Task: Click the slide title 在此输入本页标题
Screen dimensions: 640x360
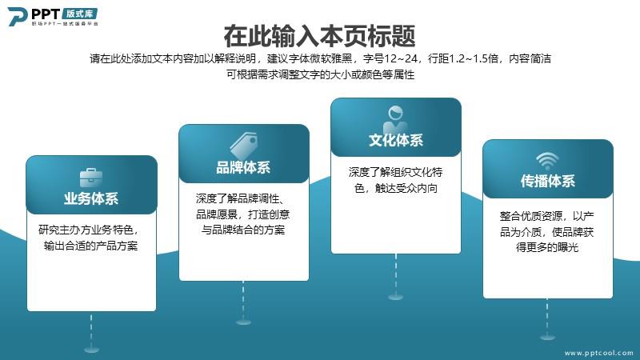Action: (x=319, y=36)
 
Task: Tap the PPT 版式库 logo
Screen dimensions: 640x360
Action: (x=53, y=17)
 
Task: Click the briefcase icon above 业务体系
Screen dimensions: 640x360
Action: (x=91, y=178)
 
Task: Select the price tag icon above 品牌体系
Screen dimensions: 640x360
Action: (x=243, y=146)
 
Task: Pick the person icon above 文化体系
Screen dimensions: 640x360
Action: (x=395, y=118)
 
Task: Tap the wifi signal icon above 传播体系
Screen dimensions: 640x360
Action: (x=547, y=161)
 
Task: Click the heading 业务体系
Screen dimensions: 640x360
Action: (x=91, y=198)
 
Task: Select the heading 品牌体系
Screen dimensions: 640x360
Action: (x=243, y=167)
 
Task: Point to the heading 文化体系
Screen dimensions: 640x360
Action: (x=395, y=140)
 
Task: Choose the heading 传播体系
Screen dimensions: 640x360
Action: (x=547, y=181)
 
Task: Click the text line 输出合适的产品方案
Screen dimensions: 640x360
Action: (x=90, y=246)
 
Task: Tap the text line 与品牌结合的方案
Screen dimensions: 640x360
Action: (x=243, y=230)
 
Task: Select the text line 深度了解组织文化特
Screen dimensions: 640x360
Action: (x=395, y=172)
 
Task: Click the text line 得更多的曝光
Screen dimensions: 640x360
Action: (x=547, y=247)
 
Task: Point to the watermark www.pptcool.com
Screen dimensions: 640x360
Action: (x=598, y=353)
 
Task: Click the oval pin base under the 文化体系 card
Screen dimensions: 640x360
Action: (x=395, y=297)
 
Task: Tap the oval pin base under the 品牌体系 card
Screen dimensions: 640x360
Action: (x=243, y=322)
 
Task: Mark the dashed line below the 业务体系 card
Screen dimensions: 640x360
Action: (x=91, y=329)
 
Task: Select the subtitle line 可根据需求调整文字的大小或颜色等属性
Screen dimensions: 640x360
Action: (x=321, y=74)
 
